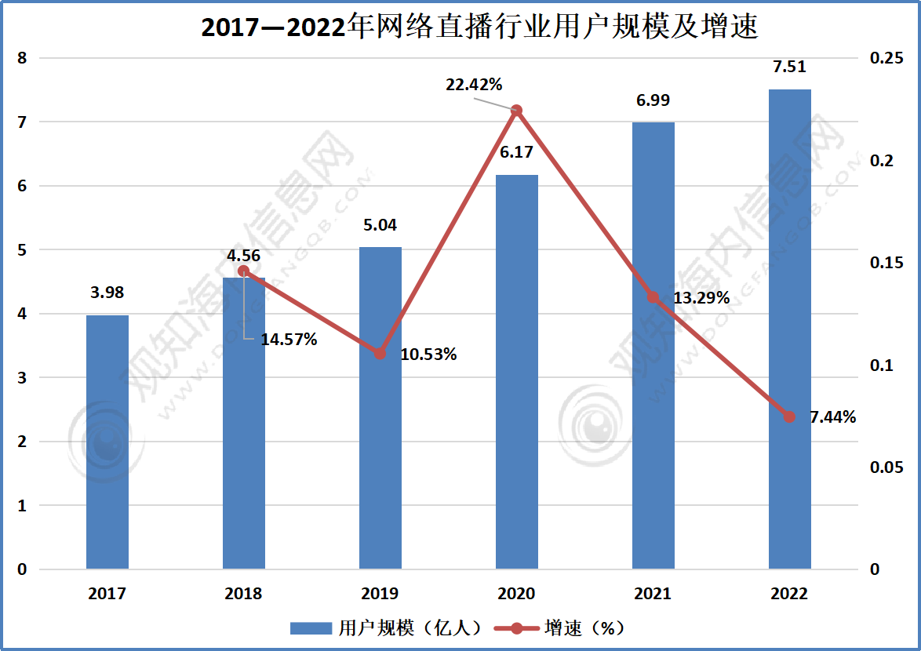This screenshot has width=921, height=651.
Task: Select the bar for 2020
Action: pyautogui.click(x=517, y=372)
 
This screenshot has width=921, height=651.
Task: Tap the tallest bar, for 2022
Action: pyautogui.click(x=790, y=329)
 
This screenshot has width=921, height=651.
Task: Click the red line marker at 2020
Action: pyautogui.click(x=516, y=111)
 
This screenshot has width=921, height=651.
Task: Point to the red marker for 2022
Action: pyautogui.click(x=789, y=416)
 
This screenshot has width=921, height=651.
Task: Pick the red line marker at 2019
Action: pyautogui.click(x=380, y=354)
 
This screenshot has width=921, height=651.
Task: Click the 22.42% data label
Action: pyautogui.click(x=474, y=85)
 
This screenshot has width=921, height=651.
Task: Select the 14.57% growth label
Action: pyautogui.click(x=289, y=340)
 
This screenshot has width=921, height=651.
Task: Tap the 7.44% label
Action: pyautogui.click(x=832, y=417)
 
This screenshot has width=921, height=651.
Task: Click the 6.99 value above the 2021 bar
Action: pyautogui.click(x=653, y=100)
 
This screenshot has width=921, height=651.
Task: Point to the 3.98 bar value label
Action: pyautogui.click(x=107, y=293)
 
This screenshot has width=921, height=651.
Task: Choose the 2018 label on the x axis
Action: pyautogui.click(x=243, y=594)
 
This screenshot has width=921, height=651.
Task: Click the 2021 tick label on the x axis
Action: pyautogui.click(x=653, y=594)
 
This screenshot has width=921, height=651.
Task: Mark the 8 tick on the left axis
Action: pyautogui.click(x=22, y=58)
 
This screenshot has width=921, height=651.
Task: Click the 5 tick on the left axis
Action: pyautogui.click(x=22, y=250)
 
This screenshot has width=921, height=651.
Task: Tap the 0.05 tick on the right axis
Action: pyautogui.click(x=886, y=467)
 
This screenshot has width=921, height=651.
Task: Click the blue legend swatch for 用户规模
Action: pyautogui.click(x=312, y=627)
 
